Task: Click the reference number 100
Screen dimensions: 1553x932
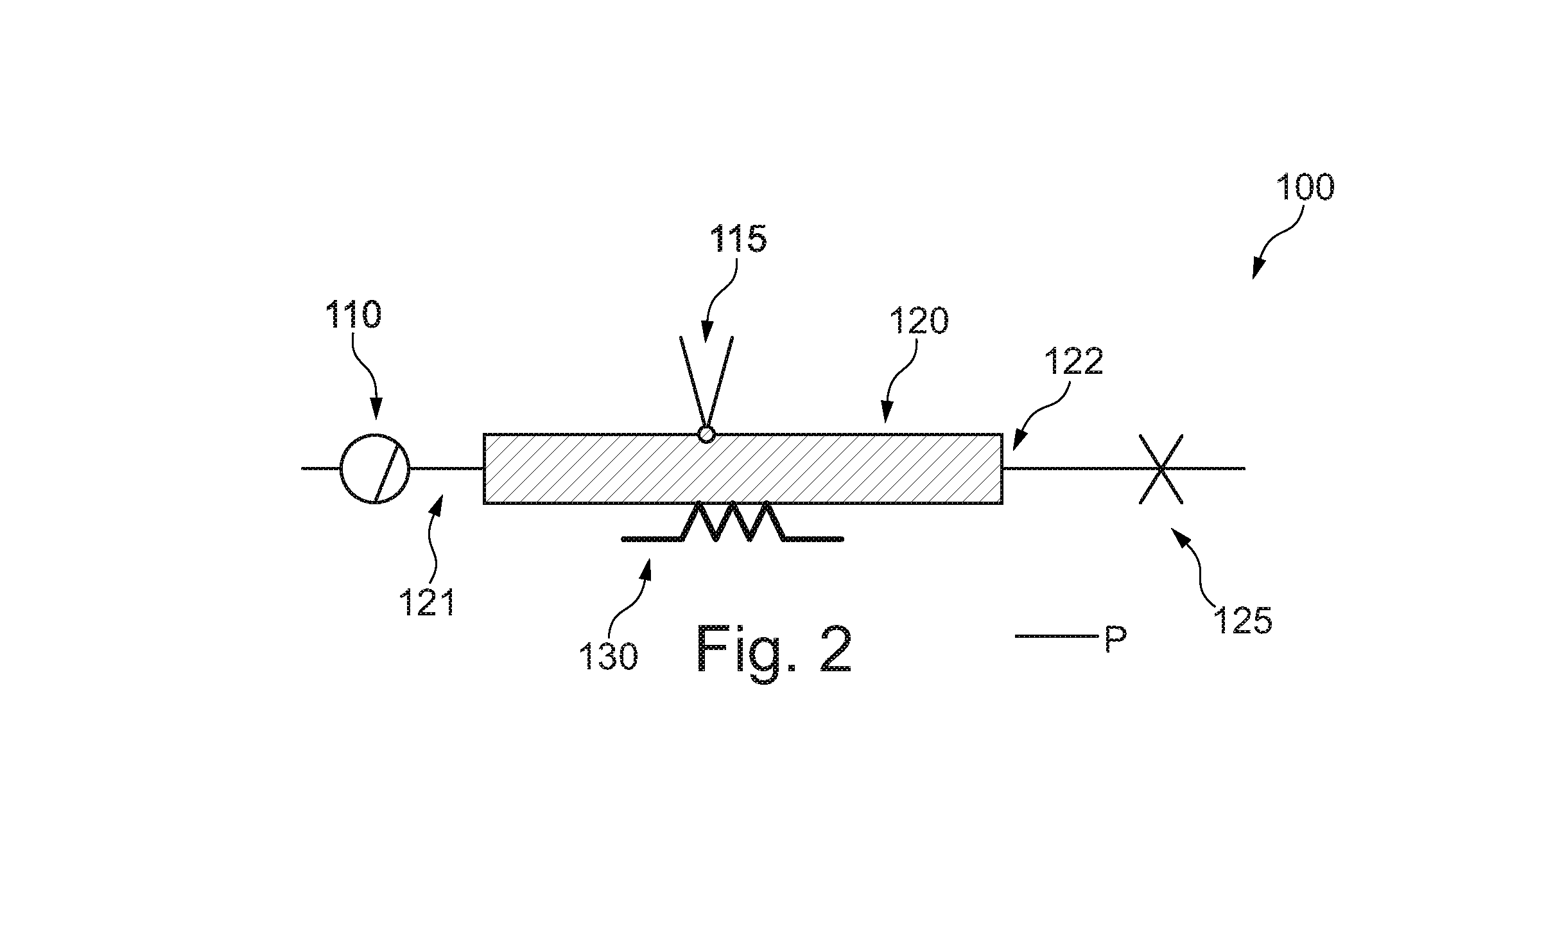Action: (x=1305, y=188)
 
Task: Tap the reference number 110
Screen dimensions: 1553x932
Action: (x=354, y=315)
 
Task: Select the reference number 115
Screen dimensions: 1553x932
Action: (x=738, y=239)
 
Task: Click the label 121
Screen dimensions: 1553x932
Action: (x=427, y=602)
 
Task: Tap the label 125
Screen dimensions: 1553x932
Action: (x=1242, y=620)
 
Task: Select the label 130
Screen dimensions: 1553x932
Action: (x=609, y=656)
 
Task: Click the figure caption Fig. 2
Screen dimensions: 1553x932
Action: (x=774, y=649)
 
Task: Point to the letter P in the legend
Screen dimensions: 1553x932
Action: (x=1116, y=640)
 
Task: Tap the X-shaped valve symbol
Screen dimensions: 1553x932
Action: (x=1161, y=469)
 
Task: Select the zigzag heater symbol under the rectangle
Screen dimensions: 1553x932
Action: (x=733, y=521)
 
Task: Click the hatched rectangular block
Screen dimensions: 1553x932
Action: (x=743, y=469)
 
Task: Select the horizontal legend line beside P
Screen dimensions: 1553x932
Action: (x=1057, y=637)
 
